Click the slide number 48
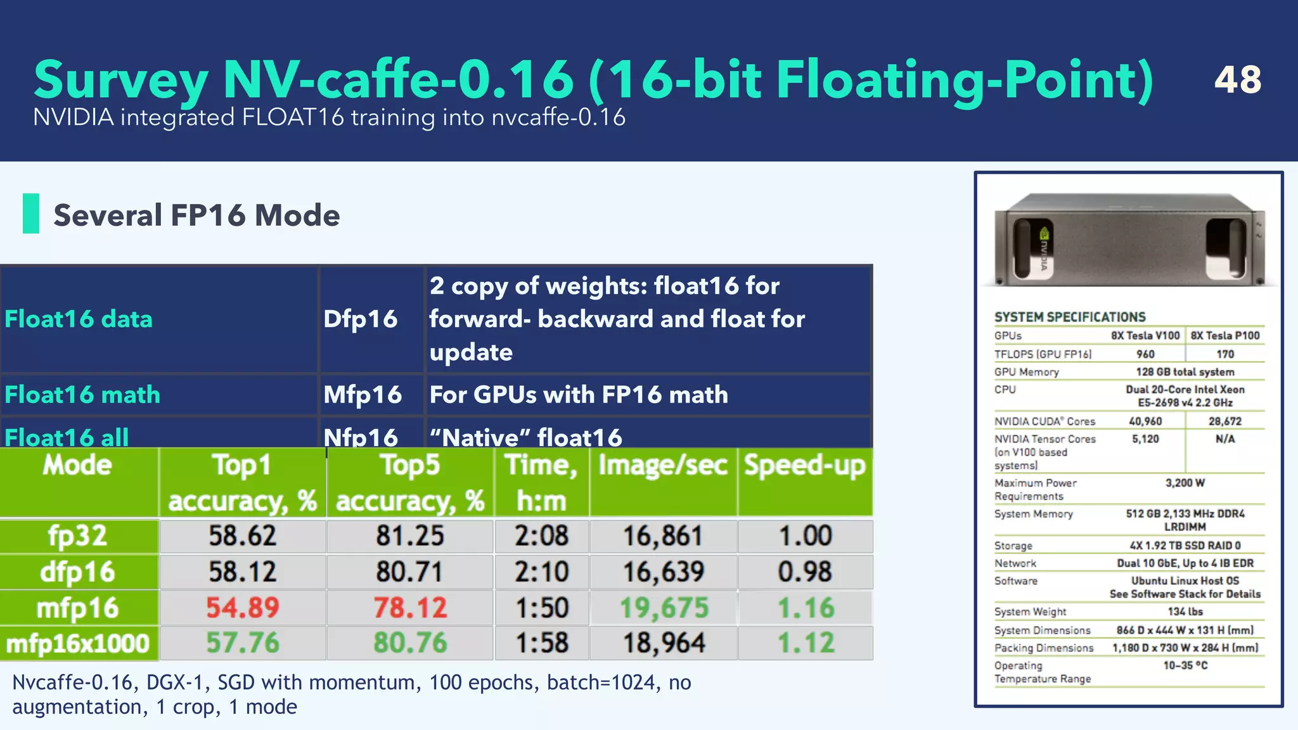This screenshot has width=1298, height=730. click(1237, 80)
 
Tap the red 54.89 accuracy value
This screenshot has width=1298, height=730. click(243, 608)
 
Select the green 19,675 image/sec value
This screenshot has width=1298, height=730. click(664, 608)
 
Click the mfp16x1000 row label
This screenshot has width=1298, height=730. click(78, 644)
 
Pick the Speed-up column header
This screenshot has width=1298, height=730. click(805, 466)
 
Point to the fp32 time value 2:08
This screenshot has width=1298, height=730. click(541, 536)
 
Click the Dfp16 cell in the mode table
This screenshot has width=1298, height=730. click(361, 319)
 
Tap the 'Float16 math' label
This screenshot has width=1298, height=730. click(82, 395)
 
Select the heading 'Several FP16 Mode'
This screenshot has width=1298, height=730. click(196, 215)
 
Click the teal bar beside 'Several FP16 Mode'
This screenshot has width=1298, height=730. click(30, 214)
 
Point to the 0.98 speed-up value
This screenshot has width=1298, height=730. click(805, 572)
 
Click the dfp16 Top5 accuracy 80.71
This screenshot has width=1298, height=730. click(409, 572)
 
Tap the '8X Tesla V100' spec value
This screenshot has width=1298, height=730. click(1145, 336)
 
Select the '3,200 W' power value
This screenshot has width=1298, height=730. click(1185, 483)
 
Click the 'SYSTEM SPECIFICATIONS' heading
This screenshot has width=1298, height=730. click(1070, 317)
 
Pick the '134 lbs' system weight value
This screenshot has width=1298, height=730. click(1185, 612)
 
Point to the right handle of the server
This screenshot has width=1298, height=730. click(1226, 248)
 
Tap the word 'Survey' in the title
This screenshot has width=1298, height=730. click(120, 80)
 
